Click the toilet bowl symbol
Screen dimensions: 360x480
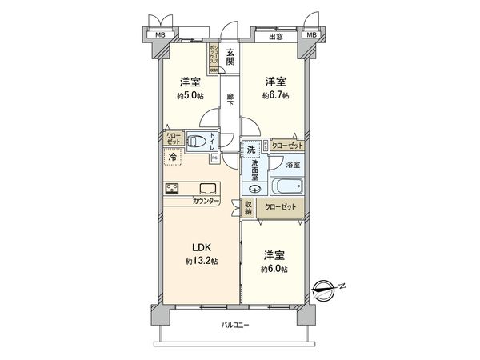pyautogui.click(x=196, y=143)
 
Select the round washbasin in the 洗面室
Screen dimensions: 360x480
pyautogui.click(x=255, y=190)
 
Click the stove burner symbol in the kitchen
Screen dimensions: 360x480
pyautogui.click(x=174, y=189)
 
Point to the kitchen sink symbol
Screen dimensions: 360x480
pyautogui.click(x=206, y=189)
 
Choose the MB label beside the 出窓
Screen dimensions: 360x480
pyautogui.click(x=311, y=35)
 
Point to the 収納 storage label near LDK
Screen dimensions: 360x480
pyautogui.click(x=248, y=208)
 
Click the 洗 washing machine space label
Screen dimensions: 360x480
pyautogui.click(x=251, y=150)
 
